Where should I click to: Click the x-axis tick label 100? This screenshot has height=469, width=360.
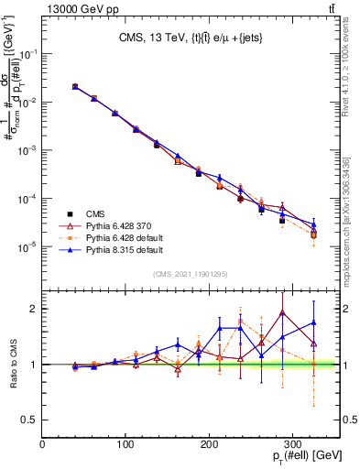[x=126, y=444]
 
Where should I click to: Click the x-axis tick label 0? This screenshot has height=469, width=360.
[x=43, y=444]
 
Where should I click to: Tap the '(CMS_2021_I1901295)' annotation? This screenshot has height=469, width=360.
[x=191, y=274]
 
